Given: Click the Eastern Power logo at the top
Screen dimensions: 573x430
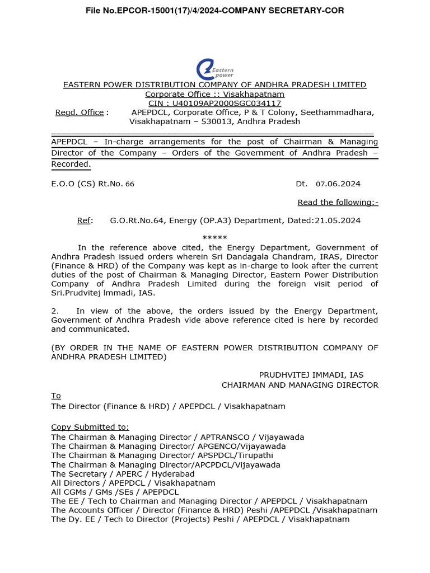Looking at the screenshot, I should point(214,69).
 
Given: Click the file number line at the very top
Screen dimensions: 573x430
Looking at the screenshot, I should point(214,11).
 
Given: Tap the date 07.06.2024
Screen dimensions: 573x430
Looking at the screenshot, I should point(338,184).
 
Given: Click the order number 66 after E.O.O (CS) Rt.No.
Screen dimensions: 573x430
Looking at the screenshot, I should point(129,184).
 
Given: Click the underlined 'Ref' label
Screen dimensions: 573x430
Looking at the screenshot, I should point(85,220).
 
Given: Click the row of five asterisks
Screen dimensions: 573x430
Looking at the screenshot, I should point(214,238).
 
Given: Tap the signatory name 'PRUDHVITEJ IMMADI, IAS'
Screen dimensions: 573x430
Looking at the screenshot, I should point(311,375).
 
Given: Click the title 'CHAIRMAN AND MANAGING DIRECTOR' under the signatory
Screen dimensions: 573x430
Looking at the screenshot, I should point(300,385).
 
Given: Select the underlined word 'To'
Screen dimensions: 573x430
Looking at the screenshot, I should point(55,396).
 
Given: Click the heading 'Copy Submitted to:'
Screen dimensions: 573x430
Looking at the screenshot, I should point(90,427).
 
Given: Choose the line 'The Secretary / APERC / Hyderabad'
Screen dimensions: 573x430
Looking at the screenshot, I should point(123,474).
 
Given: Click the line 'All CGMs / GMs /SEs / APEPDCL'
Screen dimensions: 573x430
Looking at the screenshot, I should point(115,492).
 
